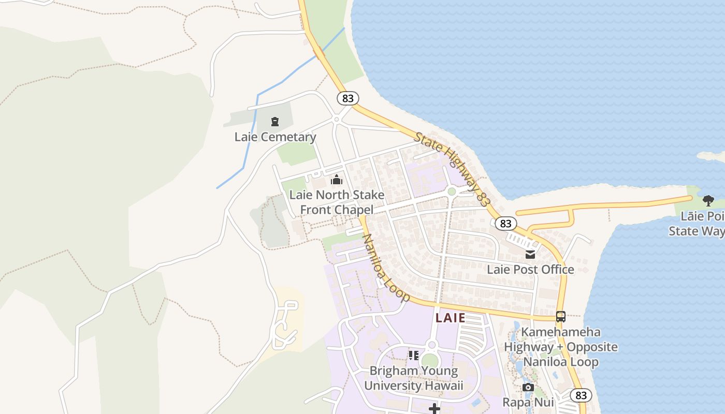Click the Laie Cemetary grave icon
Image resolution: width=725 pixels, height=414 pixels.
[x=275, y=122]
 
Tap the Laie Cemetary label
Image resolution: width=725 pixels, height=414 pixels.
[x=275, y=137]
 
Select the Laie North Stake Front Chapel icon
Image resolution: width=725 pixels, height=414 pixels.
[x=337, y=180]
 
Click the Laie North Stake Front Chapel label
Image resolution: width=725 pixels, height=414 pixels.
[x=337, y=202]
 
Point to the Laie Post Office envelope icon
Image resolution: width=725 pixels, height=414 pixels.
[x=530, y=255]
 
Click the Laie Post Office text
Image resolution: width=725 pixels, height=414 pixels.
[x=530, y=270]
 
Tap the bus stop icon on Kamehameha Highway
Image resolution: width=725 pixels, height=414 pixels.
[x=560, y=317]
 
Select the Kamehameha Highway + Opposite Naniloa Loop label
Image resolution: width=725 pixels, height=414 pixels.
[x=560, y=347]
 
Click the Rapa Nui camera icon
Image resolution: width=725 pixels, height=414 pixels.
[x=528, y=388]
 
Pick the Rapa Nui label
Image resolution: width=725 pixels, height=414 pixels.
[x=528, y=402]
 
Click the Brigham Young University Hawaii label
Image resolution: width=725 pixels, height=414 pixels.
[x=413, y=378]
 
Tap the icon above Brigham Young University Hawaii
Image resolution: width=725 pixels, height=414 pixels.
[x=413, y=356]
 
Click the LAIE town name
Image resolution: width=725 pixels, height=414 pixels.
[x=451, y=318]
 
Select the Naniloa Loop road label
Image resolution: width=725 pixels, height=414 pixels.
[x=386, y=268]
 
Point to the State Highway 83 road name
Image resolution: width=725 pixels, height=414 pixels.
[x=452, y=169]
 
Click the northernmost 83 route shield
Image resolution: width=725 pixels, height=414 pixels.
[x=347, y=98]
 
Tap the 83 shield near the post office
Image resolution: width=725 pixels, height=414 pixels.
[x=505, y=224]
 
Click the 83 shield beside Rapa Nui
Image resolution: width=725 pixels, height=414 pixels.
[x=581, y=395]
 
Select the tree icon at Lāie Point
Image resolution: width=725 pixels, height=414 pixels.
[x=708, y=201]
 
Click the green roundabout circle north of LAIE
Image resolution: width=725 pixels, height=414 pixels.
[x=452, y=192]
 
